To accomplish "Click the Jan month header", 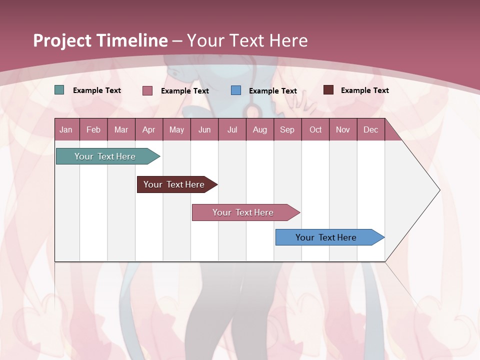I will [x=66, y=129].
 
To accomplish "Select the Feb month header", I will [x=93, y=129].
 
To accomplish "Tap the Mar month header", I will [x=121, y=129].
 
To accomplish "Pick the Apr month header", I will [x=149, y=129].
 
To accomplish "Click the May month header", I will [x=176, y=129].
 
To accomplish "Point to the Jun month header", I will [x=204, y=129].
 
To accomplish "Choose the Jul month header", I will [x=232, y=129].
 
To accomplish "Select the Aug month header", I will [x=260, y=129].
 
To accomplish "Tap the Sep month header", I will [x=287, y=129].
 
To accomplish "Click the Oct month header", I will [x=315, y=129].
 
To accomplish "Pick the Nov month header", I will [x=343, y=129].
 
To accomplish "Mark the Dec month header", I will [x=371, y=129].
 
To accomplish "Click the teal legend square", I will [x=59, y=90].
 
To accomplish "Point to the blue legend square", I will [x=236, y=90].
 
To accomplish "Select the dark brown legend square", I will [x=328, y=90].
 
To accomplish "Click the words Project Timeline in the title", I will [x=100, y=40].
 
